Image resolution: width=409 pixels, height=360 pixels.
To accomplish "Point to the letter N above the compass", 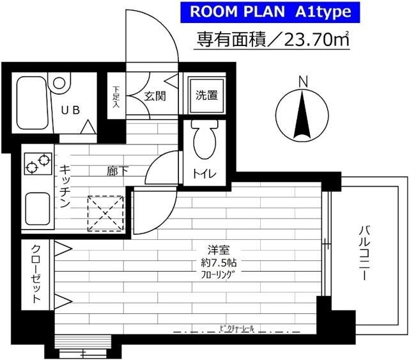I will (303, 81).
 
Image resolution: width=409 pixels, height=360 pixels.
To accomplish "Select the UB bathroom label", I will (71, 109).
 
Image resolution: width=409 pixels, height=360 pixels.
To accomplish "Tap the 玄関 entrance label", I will (154, 97).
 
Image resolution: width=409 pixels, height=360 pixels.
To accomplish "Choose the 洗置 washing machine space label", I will (206, 97).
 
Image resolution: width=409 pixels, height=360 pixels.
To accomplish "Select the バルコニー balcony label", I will (364, 253).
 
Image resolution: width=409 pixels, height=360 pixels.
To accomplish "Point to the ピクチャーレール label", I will (236, 328).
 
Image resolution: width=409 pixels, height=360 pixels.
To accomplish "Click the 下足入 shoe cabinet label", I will (116, 97).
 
